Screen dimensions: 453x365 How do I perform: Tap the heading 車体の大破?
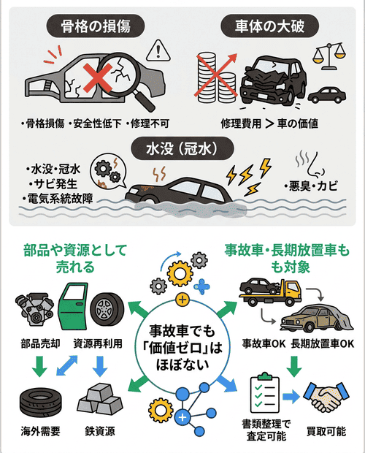[x=272, y=27]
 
